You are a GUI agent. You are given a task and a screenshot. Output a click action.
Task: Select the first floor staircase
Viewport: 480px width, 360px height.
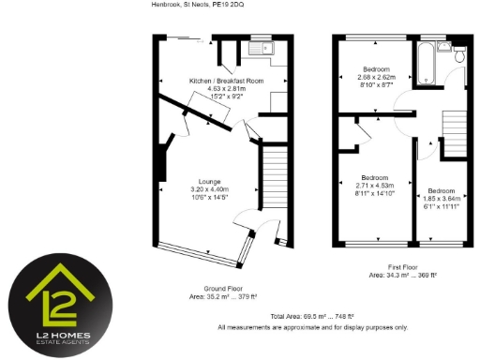pos(454,132)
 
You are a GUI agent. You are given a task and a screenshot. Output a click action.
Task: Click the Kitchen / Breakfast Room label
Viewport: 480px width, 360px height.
pos(226,82)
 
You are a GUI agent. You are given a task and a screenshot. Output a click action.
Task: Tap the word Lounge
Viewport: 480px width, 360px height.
pos(210,182)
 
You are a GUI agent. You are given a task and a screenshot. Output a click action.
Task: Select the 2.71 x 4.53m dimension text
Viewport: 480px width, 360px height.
pos(375,186)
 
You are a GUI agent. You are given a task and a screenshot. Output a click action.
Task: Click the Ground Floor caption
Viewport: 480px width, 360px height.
pos(223,289)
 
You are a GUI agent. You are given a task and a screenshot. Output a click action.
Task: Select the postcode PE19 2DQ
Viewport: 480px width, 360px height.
pos(227,5)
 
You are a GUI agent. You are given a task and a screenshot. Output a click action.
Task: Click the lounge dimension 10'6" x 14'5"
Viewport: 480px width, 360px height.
pos(210,199)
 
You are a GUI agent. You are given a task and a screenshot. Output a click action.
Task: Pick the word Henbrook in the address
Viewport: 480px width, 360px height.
pos(165,5)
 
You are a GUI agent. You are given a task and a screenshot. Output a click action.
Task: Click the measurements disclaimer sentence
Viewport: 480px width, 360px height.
pos(312,327)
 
